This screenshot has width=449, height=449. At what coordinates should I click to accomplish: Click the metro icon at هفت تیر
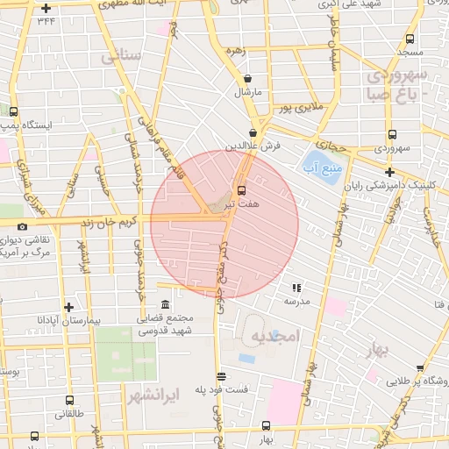[242, 189]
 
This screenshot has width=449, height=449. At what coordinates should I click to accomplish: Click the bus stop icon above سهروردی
[390, 136]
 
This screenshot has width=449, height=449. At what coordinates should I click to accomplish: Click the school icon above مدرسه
[296, 287]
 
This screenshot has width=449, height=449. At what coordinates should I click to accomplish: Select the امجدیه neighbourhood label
[275, 336]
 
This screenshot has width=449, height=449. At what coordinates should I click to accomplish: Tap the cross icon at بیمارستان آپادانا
[68, 307]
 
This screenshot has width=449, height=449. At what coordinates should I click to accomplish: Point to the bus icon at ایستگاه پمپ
[13, 111]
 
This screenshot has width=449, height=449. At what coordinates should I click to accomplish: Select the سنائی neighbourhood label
[121, 58]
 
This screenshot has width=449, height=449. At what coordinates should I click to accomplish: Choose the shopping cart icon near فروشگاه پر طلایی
[373, 379]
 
